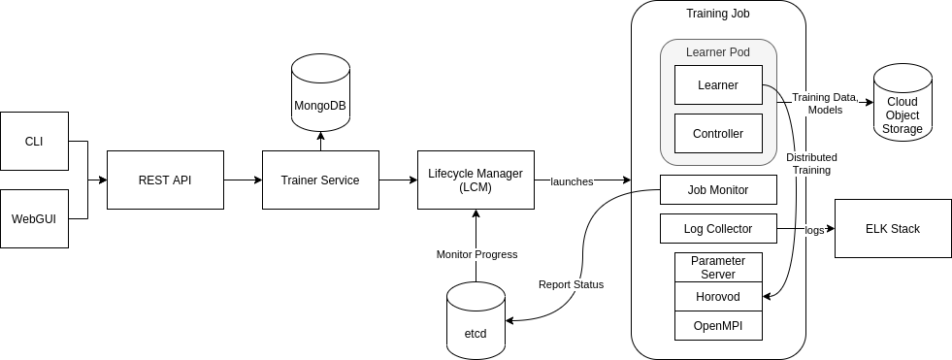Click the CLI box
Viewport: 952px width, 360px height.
point(34,141)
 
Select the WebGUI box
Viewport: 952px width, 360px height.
point(34,218)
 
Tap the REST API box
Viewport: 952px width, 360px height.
point(165,180)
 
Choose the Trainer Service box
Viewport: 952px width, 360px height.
point(320,180)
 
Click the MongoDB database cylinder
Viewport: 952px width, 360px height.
point(320,97)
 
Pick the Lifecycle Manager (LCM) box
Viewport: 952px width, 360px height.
point(476,180)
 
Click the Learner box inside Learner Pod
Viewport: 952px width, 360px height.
point(718,84)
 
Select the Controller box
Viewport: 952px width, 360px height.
point(718,133)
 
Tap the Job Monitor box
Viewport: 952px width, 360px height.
point(718,189)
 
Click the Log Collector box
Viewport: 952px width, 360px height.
point(718,229)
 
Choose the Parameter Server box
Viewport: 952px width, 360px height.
point(718,267)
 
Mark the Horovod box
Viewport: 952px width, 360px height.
point(718,296)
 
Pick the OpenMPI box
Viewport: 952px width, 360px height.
point(718,325)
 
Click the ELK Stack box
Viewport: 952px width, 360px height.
point(893,229)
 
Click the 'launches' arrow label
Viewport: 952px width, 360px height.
point(572,181)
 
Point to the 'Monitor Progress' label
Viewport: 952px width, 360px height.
point(476,254)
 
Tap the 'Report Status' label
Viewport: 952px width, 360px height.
point(572,284)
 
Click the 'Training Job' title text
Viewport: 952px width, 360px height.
point(718,14)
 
